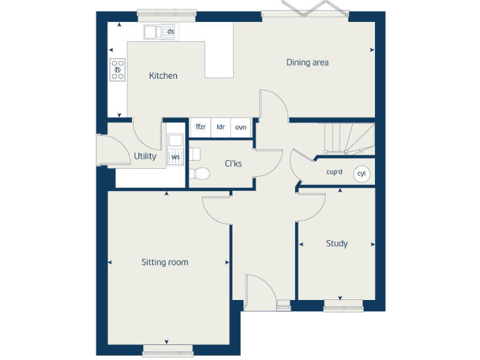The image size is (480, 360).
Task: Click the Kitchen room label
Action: click(162, 76)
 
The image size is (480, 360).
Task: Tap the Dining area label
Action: click(307, 62)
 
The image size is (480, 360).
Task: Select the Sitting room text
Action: click(164, 262)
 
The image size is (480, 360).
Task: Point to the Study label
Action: click(336, 243)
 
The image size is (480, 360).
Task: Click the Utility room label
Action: click(145, 156)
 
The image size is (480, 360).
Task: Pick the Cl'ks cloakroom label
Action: click(233, 164)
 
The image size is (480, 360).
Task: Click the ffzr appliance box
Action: click(201, 127)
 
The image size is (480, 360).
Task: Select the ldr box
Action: click(221, 127)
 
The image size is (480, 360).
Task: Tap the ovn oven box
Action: click(241, 127)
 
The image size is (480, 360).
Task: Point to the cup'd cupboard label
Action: click(334, 172)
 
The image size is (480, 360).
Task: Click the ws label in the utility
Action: click(176, 157)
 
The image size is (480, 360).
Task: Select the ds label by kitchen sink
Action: click(170, 31)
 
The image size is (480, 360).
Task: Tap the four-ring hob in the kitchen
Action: click(117, 69)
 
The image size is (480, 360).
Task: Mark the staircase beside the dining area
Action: click(347, 138)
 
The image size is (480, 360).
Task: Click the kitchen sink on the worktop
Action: click(152, 31)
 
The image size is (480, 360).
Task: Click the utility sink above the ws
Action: click(175, 141)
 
